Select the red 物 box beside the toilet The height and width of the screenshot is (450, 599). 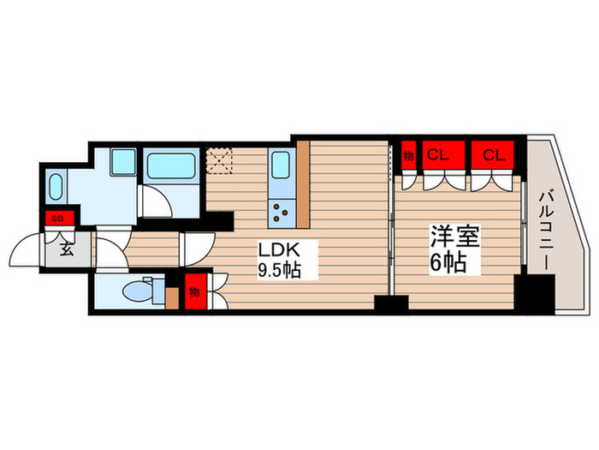[x=194, y=292]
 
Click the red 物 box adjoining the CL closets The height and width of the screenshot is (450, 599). [x=409, y=156]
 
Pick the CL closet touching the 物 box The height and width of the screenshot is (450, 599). [x=440, y=156]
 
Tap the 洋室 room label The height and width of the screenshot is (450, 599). [x=448, y=237]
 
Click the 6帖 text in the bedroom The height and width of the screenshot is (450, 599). [x=448, y=262]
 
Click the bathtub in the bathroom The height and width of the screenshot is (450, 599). [x=172, y=165]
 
